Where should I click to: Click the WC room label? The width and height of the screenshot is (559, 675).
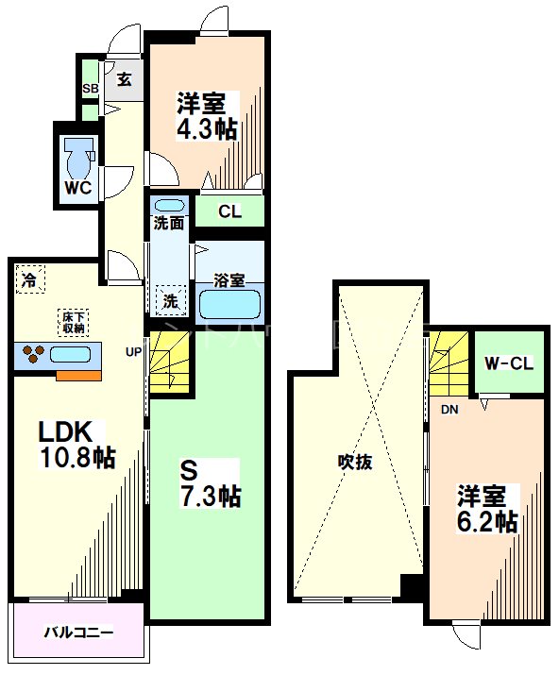tap(77, 188)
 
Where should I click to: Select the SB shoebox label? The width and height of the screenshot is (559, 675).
tap(91, 90)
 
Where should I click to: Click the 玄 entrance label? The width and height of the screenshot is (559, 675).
tap(124, 79)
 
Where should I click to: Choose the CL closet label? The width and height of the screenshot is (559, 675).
tap(229, 211)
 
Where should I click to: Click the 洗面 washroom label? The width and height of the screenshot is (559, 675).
tap(169, 225)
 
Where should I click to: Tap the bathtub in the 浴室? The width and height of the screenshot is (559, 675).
tap(229, 304)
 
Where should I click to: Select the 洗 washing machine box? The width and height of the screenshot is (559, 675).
tap(171, 300)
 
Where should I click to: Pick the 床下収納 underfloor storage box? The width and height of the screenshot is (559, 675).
tap(75, 321)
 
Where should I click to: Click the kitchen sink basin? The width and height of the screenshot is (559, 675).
tap(70, 356)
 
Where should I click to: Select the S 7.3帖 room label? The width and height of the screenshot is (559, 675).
tap(210, 481)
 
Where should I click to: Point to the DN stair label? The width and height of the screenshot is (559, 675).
tap(449, 410)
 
